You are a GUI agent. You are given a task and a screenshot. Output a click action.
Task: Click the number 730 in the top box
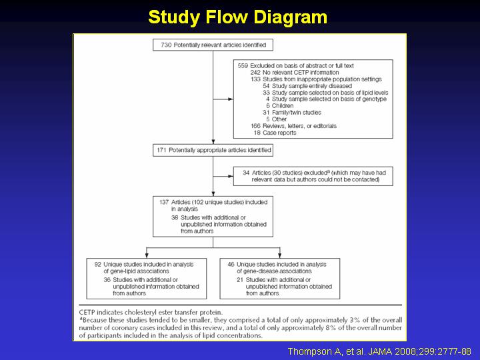(x=166, y=45)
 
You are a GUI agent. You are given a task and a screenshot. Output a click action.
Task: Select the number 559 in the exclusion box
(x=243, y=66)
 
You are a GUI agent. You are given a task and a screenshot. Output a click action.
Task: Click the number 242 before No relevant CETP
(x=255, y=73)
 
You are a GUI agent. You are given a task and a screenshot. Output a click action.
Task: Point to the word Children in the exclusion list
(x=283, y=105)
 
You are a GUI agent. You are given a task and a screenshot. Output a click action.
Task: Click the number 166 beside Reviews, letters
(x=255, y=126)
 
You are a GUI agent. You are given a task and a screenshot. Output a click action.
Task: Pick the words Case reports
(x=279, y=133)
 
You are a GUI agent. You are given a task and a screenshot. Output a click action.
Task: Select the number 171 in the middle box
(x=161, y=150)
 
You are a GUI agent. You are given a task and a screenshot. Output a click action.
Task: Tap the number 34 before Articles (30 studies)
(x=246, y=173)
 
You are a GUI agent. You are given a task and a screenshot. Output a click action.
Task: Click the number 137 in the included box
(x=164, y=202)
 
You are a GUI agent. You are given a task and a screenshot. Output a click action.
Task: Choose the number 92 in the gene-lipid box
(x=97, y=264)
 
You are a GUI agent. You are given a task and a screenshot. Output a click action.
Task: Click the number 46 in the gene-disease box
(x=231, y=264)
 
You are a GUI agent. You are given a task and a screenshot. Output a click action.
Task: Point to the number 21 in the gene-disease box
(x=240, y=280)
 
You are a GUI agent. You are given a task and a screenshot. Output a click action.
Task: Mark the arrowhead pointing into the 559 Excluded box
(x=231, y=99)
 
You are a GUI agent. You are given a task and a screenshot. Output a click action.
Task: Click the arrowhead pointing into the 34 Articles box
(x=231, y=176)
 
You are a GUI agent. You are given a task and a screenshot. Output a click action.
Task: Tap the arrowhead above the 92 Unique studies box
(x=147, y=255)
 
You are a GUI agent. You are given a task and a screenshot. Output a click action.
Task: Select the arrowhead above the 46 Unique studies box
(x=279, y=255)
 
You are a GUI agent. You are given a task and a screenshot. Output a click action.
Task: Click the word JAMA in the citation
(x=379, y=351)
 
